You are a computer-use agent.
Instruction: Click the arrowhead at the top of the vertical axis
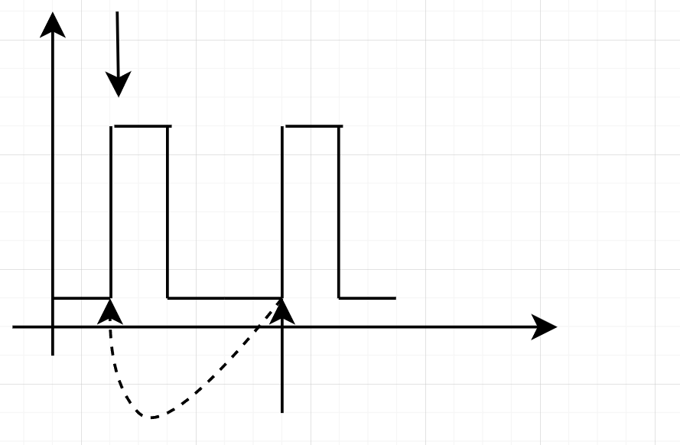click(52, 23)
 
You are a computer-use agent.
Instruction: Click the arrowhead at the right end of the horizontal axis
click(544, 327)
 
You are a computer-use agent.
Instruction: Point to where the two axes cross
click(52, 327)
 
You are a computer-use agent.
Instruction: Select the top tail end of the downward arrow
click(117, 12)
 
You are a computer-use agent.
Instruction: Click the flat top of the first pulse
click(142, 126)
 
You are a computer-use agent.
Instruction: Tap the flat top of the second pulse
click(314, 126)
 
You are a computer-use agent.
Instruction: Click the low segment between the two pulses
click(225, 298)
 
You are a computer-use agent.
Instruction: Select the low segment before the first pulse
click(81, 298)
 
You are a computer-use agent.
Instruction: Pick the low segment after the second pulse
click(367, 298)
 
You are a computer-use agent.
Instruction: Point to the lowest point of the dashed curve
click(153, 417)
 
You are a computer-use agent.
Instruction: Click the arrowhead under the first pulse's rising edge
click(111, 310)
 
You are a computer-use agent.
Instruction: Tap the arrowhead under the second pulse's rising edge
click(282, 310)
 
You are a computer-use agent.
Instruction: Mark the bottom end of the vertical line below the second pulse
click(282, 411)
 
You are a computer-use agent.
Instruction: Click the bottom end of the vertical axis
click(52, 355)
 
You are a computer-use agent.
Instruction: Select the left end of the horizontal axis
click(14, 327)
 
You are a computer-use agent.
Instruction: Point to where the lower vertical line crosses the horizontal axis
click(282, 327)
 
